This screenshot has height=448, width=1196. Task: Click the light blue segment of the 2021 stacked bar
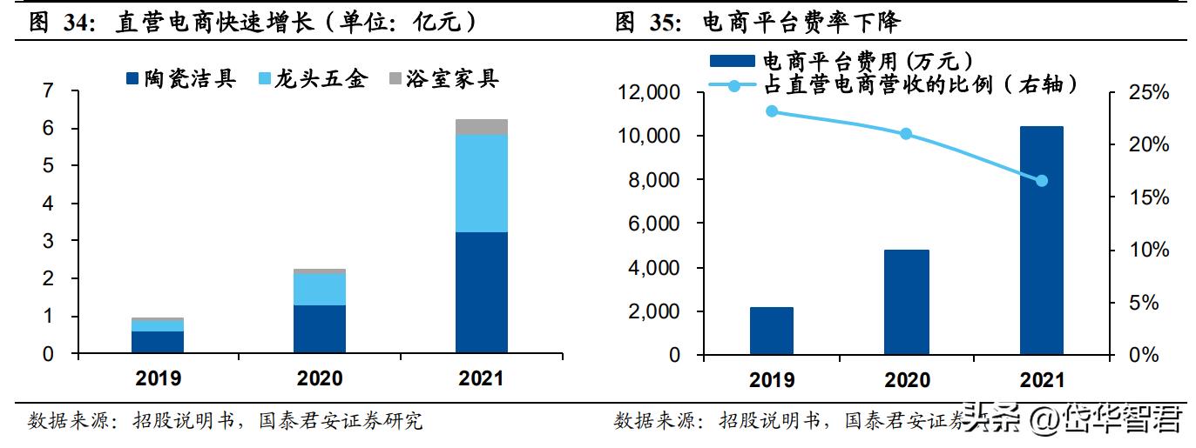click(x=482, y=183)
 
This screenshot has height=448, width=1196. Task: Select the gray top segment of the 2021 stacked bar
click(x=482, y=127)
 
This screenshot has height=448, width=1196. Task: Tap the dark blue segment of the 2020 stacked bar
click(x=320, y=329)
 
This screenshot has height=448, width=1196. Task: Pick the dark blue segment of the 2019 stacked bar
click(x=158, y=343)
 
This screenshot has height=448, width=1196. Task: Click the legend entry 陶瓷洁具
click(x=180, y=79)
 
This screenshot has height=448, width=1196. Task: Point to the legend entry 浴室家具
click(x=443, y=79)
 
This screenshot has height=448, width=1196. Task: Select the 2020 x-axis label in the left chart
click(x=320, y=378)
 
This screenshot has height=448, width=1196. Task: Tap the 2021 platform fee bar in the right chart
click(x=1041, y=240)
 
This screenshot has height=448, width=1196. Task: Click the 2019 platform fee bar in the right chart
click(x=771, y=331)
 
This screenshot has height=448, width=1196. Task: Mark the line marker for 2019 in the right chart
click(x=771, y=111)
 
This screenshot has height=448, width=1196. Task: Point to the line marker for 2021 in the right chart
click(x=1041, y=180)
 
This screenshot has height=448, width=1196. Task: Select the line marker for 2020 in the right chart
click(x=906, y=134)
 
